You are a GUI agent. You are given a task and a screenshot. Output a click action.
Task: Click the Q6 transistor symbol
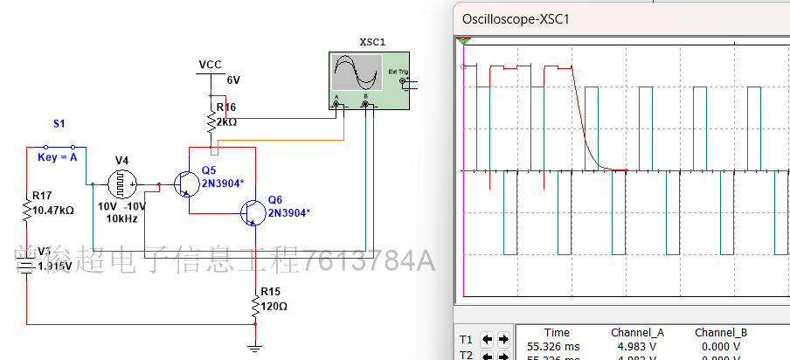click(x=253, y=212)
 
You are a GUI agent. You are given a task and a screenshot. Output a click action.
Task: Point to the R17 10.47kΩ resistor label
click(x=52, y=204)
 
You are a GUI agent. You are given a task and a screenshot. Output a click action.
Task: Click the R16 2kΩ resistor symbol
click(x=210, y=120)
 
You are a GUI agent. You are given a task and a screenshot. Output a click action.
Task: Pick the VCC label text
click(x=211, y=65)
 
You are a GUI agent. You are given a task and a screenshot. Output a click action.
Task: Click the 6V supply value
click(x=233, y=80)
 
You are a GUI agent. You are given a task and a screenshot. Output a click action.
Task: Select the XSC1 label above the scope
click(x=372, y=42)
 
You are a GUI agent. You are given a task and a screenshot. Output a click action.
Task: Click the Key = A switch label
click(x=58, y=157)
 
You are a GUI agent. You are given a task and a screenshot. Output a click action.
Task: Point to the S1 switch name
click(x=59, y=124)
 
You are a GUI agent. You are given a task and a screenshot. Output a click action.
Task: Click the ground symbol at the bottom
click(x=254, y=347)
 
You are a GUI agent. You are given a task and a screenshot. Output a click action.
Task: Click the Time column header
click(x=557, y=333)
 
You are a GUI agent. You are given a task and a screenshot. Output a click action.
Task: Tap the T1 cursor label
click(x=466, y=339)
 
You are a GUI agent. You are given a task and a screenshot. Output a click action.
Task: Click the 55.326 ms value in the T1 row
click(x=551, y=347)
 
